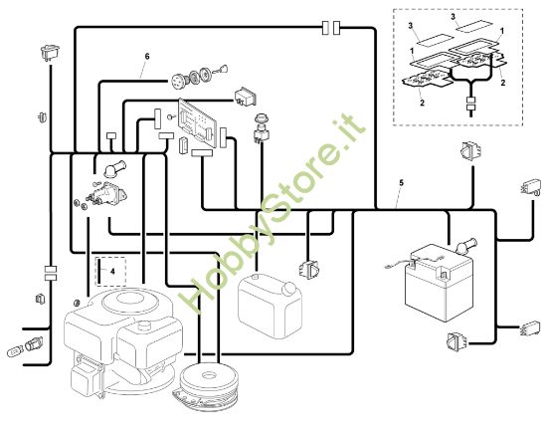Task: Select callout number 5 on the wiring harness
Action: pyautogui.click(x=401, y=183)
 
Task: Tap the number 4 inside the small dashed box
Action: pyautogui.click(x=112, y=269)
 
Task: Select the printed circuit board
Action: pyautogui.click(x=200, y=121)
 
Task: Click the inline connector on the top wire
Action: pyautogui.click(x=335, y=24)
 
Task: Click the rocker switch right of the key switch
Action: pyautogui.click(x=245, y=98)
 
